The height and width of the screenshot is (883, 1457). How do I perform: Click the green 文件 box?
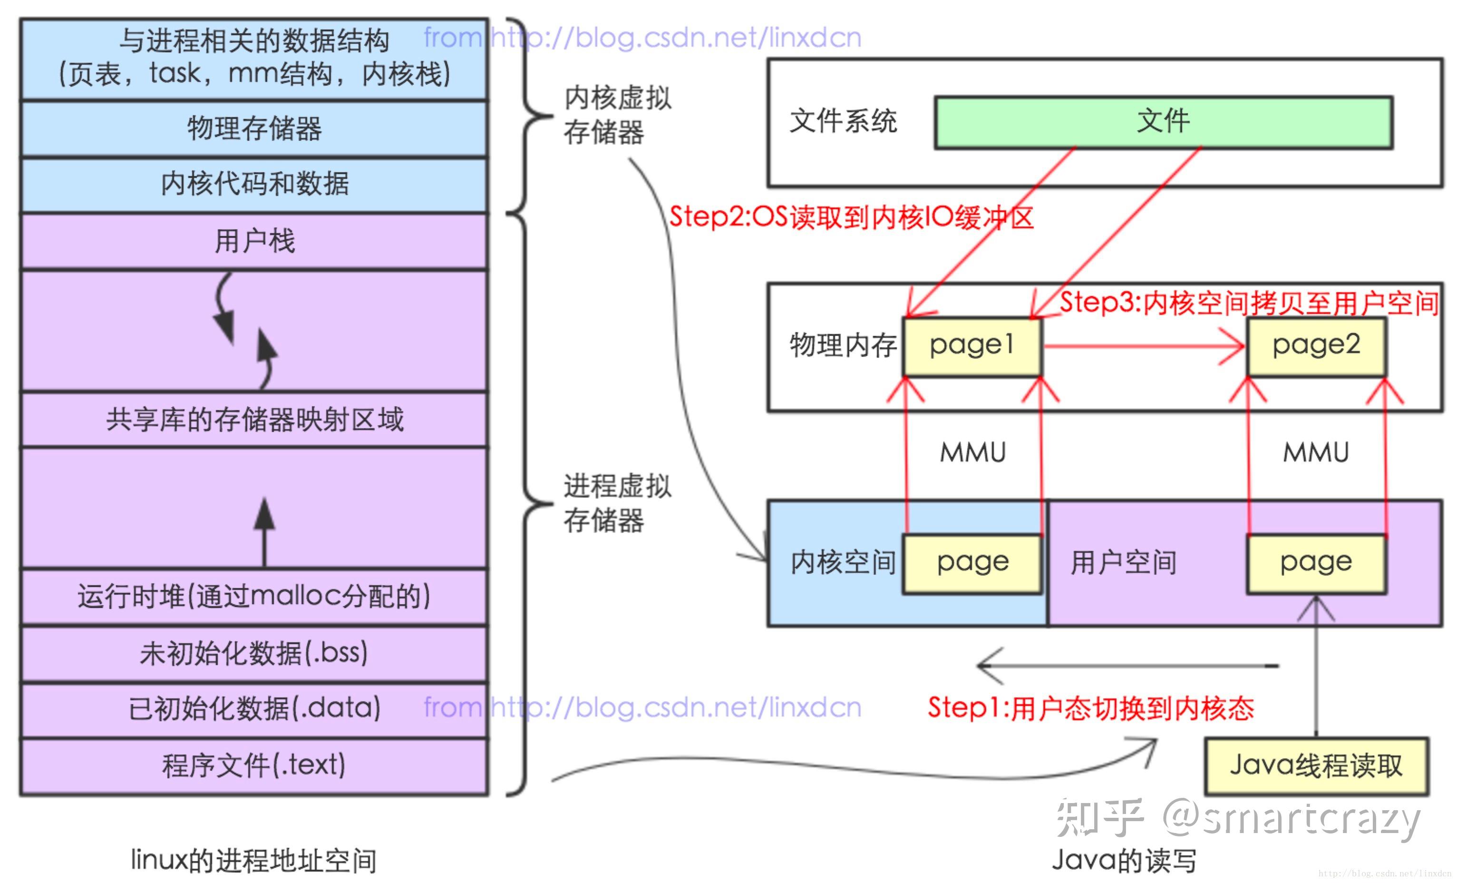pos(1163,122)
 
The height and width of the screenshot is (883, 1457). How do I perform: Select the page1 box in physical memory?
pos(971,346)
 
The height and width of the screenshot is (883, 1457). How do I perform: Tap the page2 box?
pos(1316,346)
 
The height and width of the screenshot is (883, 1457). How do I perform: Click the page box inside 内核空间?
pos(971,563)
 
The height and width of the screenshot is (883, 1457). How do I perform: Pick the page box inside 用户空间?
pos(1316,563)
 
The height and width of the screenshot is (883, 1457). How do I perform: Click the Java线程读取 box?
pos(1316,766)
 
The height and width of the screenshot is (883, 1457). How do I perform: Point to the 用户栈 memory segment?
pos(254,241)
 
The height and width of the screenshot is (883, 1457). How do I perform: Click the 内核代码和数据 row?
pos(254,184)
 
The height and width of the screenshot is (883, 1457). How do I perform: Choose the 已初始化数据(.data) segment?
pos(254,708)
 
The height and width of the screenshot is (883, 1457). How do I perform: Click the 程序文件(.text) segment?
pos(254,765)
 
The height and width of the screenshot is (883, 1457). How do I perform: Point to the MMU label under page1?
pos(973,453)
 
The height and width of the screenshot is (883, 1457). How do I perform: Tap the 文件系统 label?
pos(843,122)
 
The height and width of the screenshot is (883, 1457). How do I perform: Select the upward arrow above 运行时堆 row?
pos(264,532)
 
